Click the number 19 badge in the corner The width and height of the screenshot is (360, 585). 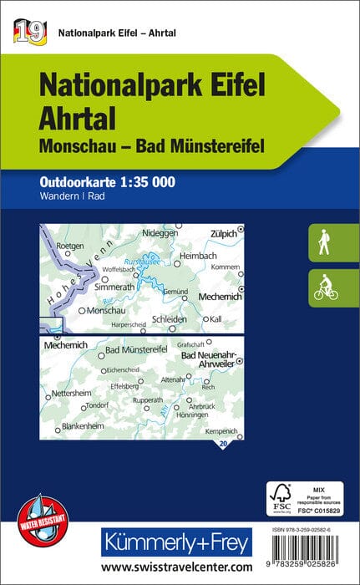point(28,32)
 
